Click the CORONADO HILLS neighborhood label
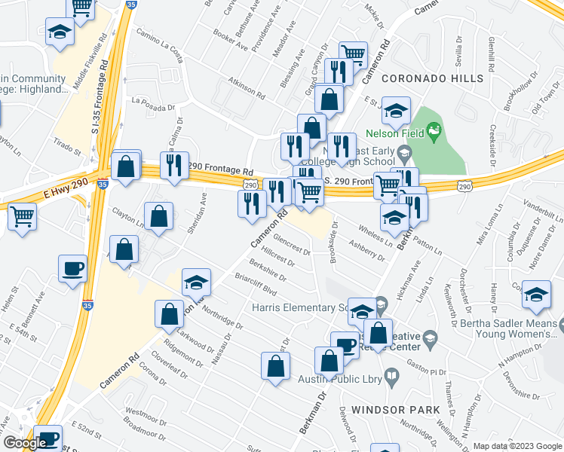click(x=432, y=78)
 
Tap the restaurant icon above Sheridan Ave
click(x=176, y=165)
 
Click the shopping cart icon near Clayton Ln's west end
click(x=22, y=216)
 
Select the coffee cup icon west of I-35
click(x=73, y=269)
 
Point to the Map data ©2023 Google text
click(x=516, y=446)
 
